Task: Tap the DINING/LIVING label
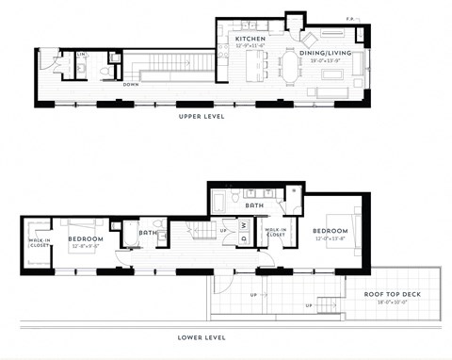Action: [325, 54]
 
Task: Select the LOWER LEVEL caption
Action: [202, 336]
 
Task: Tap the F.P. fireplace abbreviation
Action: [350, 18]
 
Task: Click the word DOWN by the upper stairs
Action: [132, 83]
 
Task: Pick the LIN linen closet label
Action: [81, 55]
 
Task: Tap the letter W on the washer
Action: [243, 224]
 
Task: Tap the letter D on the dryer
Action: [243, 238]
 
